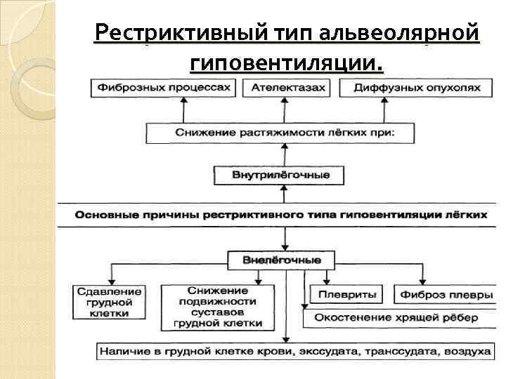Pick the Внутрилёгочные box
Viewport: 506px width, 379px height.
(280, 174)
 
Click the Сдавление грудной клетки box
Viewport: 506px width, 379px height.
(110, 302)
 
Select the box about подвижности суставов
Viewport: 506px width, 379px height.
(218, 307)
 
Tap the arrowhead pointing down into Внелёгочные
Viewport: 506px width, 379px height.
(283, 248)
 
